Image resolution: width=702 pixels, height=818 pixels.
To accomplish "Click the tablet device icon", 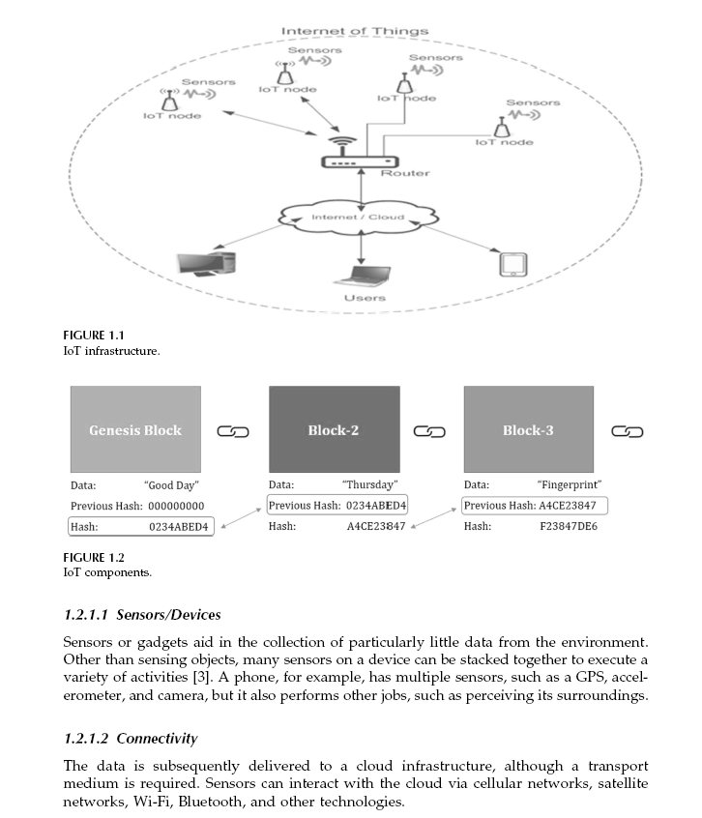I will [x=511, y=264].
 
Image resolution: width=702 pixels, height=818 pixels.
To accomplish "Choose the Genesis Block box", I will [x=135, y=429].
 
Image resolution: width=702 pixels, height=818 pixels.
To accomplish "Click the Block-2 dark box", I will [x=334, y=429].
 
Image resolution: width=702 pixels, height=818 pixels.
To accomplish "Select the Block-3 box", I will [x=528, y=429].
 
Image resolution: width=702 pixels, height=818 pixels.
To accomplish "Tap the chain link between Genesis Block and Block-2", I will [x=233, y=431].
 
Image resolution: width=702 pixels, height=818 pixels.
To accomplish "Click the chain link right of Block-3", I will [x=628, y=431].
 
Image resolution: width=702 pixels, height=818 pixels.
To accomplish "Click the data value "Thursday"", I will [x=370, y=484].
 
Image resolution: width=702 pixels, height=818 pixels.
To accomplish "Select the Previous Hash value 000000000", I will [x=175, y=506].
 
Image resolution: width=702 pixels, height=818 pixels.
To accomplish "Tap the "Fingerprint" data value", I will [x=569, y=484].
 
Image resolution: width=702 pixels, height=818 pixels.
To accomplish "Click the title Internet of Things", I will [x=355, y=31].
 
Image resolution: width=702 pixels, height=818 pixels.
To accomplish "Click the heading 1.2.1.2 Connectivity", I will [x=130, y=739].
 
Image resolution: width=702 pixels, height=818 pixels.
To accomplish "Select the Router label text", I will [x=405, y=173].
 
